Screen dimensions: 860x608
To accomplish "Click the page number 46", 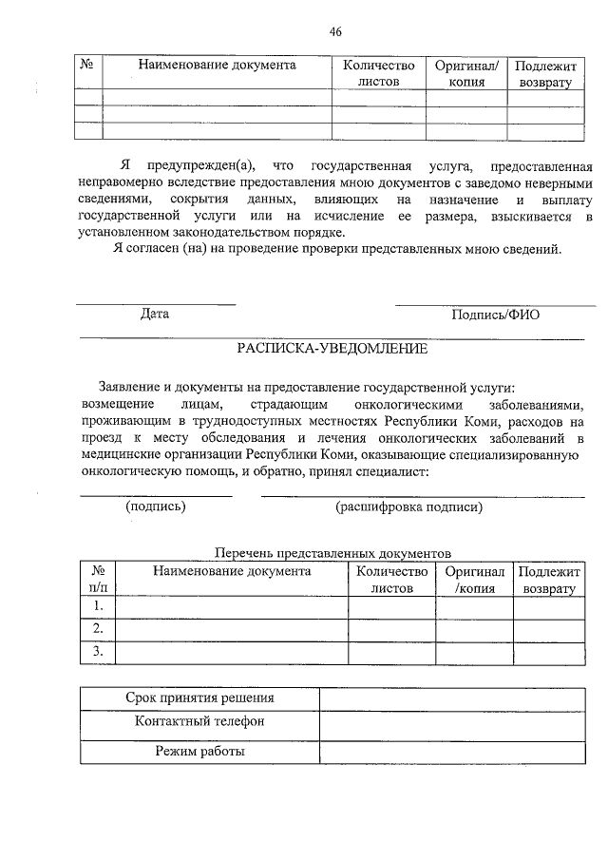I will pos(334,31).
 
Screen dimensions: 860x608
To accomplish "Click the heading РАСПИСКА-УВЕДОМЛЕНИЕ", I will pos(332,349).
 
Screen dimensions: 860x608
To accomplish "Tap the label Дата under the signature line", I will pos(155,314).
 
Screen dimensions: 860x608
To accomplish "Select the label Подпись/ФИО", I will pos(495,314).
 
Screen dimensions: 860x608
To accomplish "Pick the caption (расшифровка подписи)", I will pos(409,506).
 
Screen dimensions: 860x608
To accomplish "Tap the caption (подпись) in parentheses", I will pos(156,506).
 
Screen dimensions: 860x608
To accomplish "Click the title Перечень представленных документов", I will pos(332,553).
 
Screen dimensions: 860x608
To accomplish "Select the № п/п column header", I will pos(97,580).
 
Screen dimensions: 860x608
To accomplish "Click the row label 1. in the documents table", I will pos(97,605).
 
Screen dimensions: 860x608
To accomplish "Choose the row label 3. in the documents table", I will pos(97,651).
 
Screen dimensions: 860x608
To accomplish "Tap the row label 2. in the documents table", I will pos(97,628).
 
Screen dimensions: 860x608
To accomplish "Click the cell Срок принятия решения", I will pos(199,698).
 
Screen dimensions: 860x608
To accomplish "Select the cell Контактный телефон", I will pos(199,722).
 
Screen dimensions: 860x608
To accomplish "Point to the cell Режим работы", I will pos(199,752).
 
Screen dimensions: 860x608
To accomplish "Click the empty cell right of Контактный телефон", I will pos(451,722).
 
